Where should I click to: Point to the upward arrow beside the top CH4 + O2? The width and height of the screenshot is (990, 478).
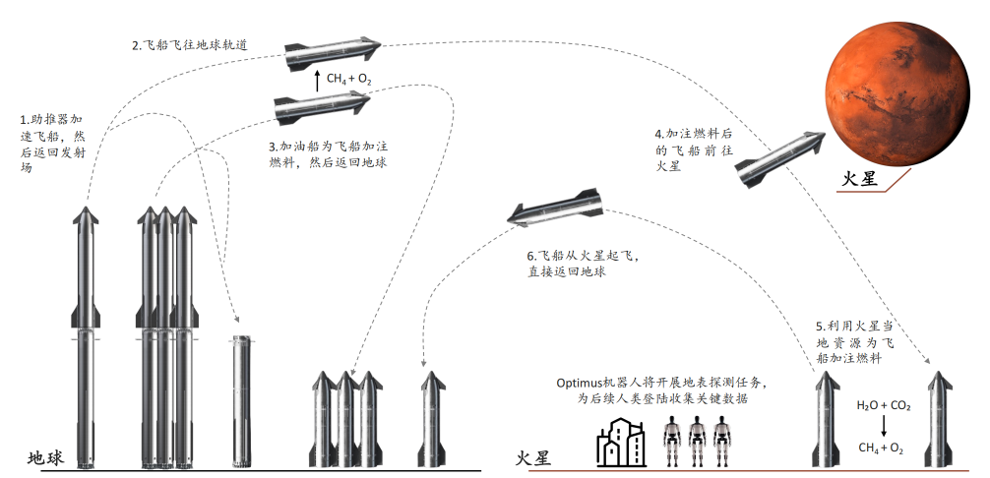click(317, 80)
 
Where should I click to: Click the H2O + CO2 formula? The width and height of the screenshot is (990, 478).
click(882, 404)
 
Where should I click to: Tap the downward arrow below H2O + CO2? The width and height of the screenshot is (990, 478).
click(882, 426)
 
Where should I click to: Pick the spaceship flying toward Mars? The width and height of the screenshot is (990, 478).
click(780, 158)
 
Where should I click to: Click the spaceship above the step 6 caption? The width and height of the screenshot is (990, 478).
click(554, 209)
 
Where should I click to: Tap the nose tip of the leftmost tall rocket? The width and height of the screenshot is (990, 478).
click(86, 209)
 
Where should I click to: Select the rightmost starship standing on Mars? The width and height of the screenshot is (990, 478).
click(938, 418)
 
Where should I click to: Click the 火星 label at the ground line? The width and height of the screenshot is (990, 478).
click(532, 458)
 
